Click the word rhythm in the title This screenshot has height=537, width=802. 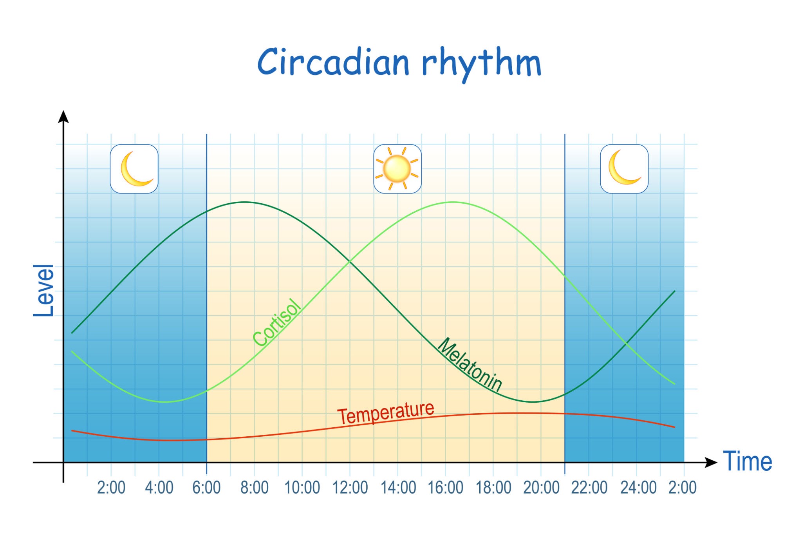(x=482, y=63)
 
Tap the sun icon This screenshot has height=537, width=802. (x=397, y=169)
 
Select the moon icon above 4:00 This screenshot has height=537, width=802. (x=134, y=169)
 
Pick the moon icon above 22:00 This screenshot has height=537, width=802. (x=624, y=169)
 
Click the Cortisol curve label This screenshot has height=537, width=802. (x=277, y=323)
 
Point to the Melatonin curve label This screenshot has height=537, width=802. (x=469, y=365)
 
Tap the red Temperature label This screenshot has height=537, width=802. (x=386, y=413)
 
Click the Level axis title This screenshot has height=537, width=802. (x=43, y=291)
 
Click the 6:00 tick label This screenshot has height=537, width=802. (x=206, y=488)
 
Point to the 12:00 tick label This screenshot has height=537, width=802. (x=350, y=488)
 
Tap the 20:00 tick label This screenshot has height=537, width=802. (x=541, y=488)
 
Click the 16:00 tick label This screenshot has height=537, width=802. (x=445, y=488)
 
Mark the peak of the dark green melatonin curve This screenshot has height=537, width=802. (x=245, y=202)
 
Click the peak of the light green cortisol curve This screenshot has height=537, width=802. (x=453, y=202)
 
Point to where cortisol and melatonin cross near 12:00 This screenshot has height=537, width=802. (x=349, y=261)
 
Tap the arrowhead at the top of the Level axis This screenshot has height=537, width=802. (x=63, y=116)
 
